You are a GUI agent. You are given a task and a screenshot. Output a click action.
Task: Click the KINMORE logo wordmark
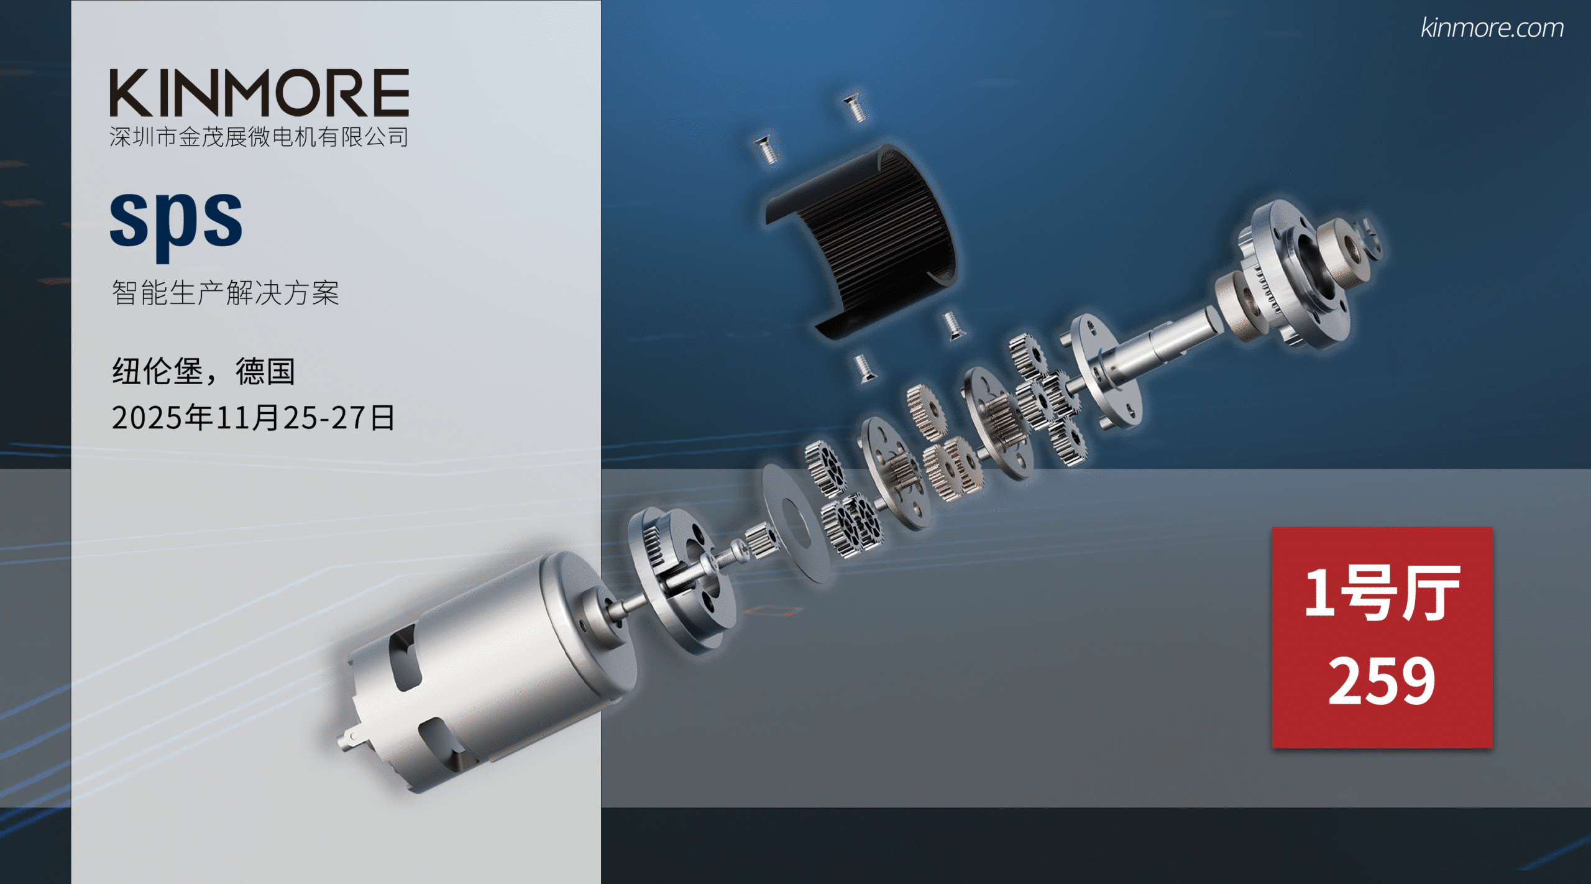pos(259,93)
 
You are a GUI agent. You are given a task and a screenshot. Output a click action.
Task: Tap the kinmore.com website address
pos(1492,28)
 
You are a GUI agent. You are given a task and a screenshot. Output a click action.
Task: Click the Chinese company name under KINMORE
pos(259,137)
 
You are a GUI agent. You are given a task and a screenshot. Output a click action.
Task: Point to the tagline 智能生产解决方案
pos(226,292)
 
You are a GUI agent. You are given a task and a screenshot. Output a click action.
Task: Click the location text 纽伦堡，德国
pos(204,372)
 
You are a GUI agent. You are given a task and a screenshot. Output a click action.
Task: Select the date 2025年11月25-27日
pos(253,417)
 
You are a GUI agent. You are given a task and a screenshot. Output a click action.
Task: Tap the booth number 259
pos(1382,681)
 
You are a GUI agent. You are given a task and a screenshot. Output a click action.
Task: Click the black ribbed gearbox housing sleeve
pos(861,242)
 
